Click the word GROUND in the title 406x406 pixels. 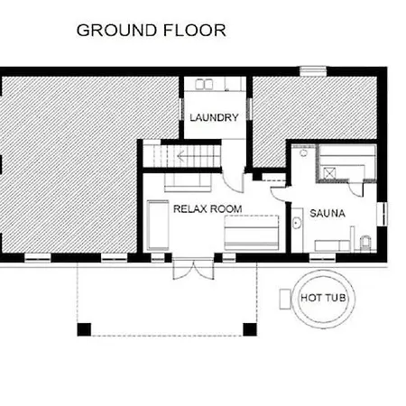117,31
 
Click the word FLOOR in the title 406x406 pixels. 195,31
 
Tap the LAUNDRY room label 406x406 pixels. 214,117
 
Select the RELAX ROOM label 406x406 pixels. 208,208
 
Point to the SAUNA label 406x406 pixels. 328,213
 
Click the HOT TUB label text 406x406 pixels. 323,298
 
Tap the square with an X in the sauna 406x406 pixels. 328,173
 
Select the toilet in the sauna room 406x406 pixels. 365,243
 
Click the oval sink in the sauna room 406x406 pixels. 297,223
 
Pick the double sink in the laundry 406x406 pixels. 204,84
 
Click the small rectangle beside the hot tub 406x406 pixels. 285,299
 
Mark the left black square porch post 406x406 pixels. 84,329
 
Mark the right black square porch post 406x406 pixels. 250,329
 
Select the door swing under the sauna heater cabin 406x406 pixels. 355,189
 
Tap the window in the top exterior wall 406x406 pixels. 313,71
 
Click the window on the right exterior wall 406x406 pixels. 382,214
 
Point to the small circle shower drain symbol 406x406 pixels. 304,153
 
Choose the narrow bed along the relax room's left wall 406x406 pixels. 158,226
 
